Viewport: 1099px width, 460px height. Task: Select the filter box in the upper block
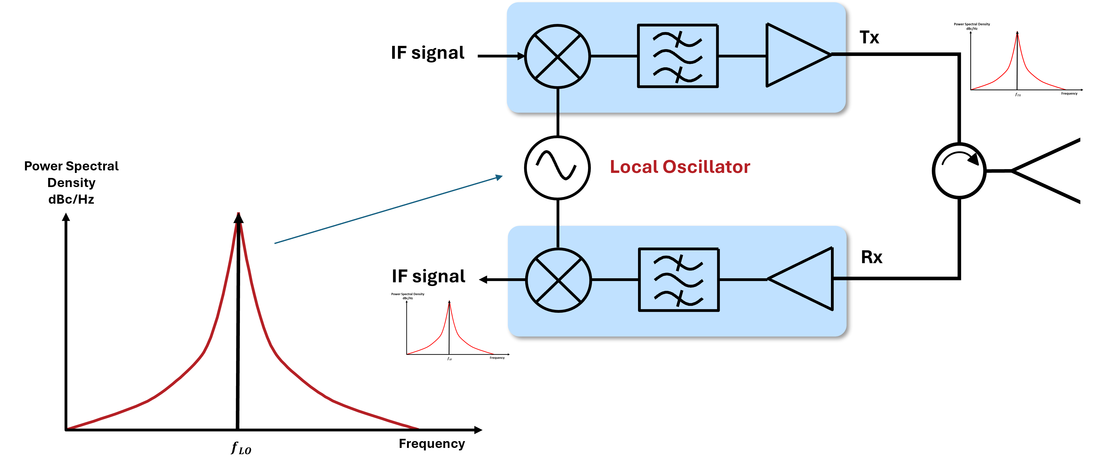[x=678, y=56]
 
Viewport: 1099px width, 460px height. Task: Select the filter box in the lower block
[x=678, y=280]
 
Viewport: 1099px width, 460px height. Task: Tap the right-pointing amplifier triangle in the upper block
[x=794, y=55]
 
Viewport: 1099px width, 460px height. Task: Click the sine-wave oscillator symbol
[x=557, y=168]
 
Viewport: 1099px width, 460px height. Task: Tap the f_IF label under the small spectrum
[x=448, y=358]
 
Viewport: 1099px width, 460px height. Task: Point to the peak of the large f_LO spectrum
[x=239, y=214]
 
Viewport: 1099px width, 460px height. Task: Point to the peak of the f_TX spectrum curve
[x=1018, y=33]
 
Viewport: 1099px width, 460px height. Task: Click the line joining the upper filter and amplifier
[x=742, y=56]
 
